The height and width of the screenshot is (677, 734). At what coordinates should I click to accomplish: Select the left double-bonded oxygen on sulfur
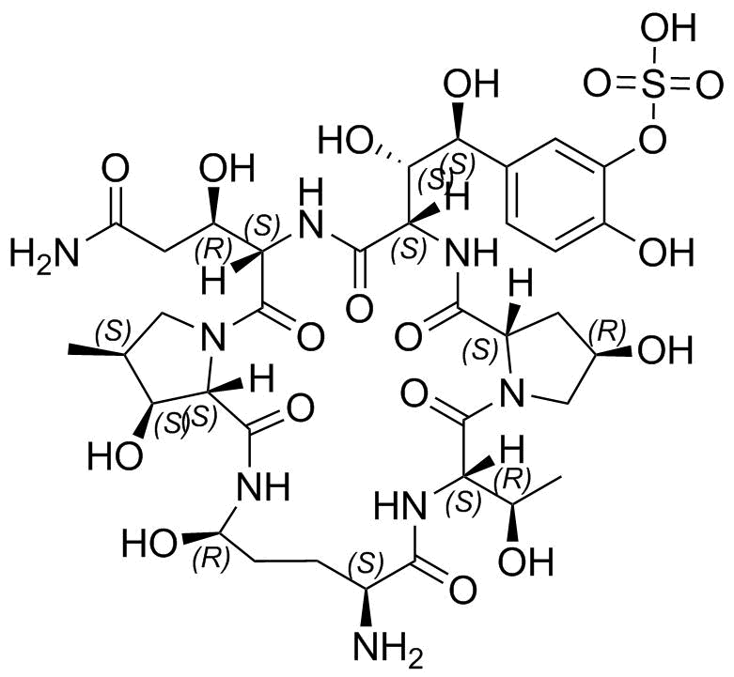point(598,86)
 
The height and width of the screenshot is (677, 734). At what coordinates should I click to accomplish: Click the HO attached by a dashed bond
point(347,139)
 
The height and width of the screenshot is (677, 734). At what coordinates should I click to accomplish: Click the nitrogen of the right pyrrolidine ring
point(511,392)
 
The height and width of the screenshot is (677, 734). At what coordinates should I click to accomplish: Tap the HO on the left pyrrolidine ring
point(116,454)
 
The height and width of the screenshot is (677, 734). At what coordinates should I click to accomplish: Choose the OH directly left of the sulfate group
point(471,85)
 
